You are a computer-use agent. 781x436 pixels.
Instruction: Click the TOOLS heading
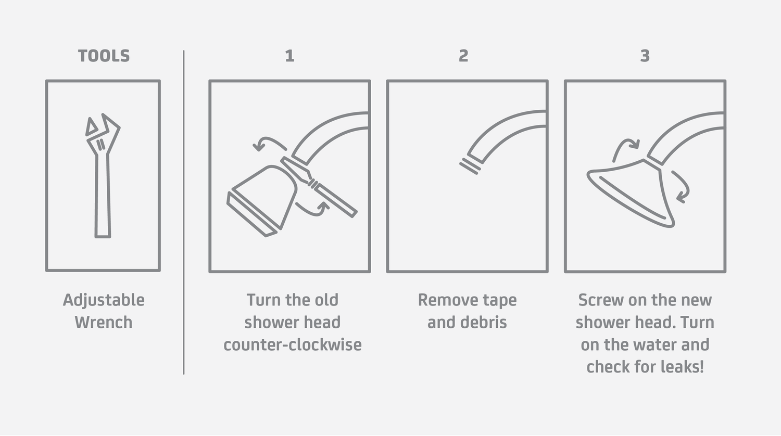pyautogui.click(x=104, y=56)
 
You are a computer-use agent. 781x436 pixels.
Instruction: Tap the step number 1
pyautogui.click(x=289, y=56)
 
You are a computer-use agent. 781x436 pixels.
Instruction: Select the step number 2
pyautogui.click(x=463, y=56)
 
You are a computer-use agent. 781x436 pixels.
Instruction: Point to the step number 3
pyautogui.click(x=645, y=56)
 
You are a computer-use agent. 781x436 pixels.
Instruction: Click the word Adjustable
pyautogui.click(x=104, y=300)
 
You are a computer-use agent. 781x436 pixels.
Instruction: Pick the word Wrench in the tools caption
pyautogui.click(x=104, y=323)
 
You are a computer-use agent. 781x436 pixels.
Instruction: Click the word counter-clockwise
pyautogui.click(x=293, y=344)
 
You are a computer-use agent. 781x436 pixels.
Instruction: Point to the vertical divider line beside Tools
pyautogui.click(x=184, y=212)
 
